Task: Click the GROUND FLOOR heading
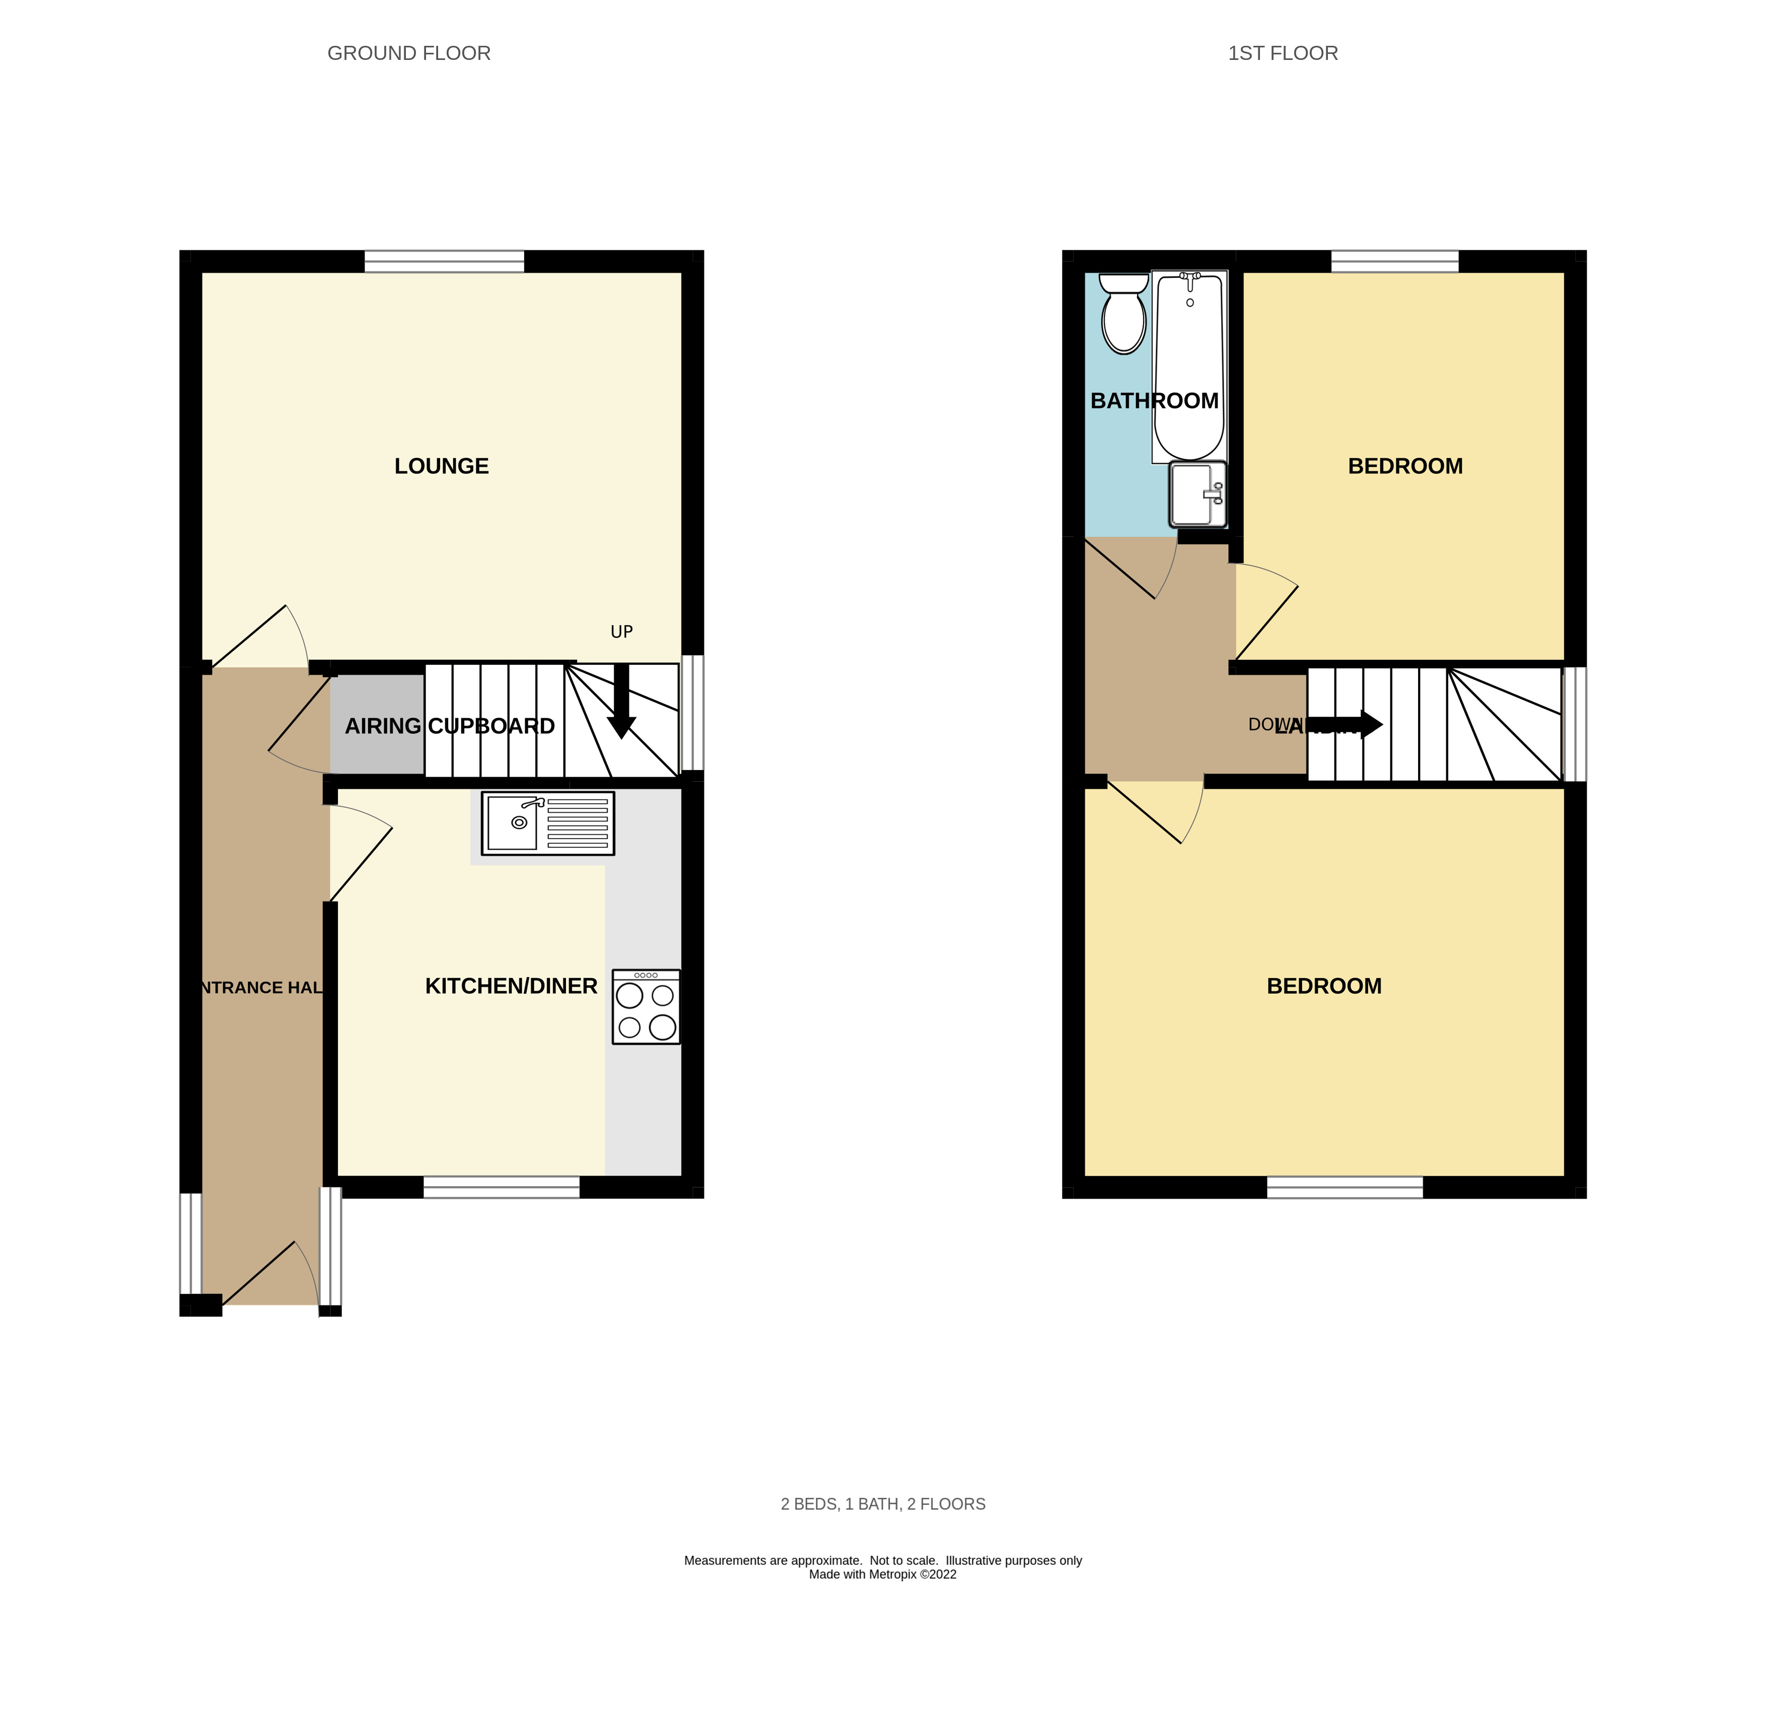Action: (409, 53)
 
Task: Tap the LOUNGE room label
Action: (442, 466)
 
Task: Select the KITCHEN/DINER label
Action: (511, 986)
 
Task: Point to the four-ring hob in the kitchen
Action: (646, 1007)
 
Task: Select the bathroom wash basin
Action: (1197, 494)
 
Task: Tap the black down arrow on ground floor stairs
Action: (621, 704)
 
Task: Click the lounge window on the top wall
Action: (444, 262)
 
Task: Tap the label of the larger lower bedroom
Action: (1323, 986)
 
